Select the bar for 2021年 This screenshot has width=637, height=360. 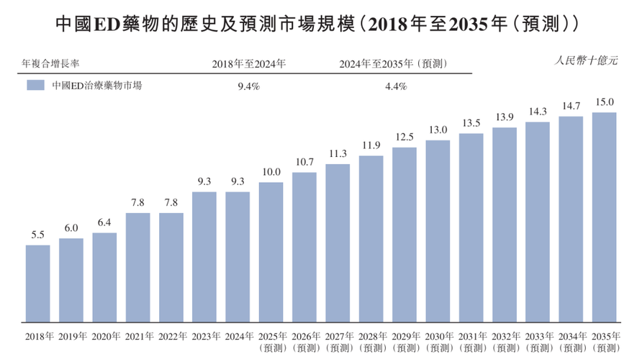[x=138, y=268]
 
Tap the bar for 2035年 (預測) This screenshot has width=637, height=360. [x=604, y=217]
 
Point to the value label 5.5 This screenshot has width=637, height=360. [x=38, y=235]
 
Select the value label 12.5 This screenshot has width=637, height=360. [x=405, y=138]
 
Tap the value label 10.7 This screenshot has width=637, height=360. [x=304, y=163]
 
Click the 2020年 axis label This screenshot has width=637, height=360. [x=105, y=336]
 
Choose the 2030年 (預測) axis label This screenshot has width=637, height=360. [x=438, y=341]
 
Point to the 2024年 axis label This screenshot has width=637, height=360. [x=238, y=336]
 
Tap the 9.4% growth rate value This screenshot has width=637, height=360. [x=248, y=86]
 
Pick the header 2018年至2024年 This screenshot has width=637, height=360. [x=248, y=63]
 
